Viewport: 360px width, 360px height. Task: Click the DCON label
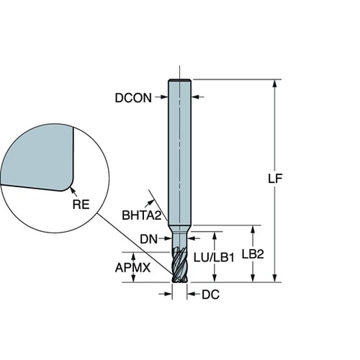point(133,98)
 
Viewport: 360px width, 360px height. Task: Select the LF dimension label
point(275,178)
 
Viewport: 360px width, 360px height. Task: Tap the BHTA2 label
point(142,215)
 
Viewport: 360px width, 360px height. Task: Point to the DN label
point(149,239)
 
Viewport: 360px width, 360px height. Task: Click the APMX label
point(132,267)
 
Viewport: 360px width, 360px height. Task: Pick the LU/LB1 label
point(214,258)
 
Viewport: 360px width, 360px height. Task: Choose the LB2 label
point(253,254)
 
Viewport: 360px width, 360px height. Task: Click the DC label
point(210,294)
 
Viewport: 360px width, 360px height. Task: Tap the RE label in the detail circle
point(81,204)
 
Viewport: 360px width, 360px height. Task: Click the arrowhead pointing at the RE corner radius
point(72,190)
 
